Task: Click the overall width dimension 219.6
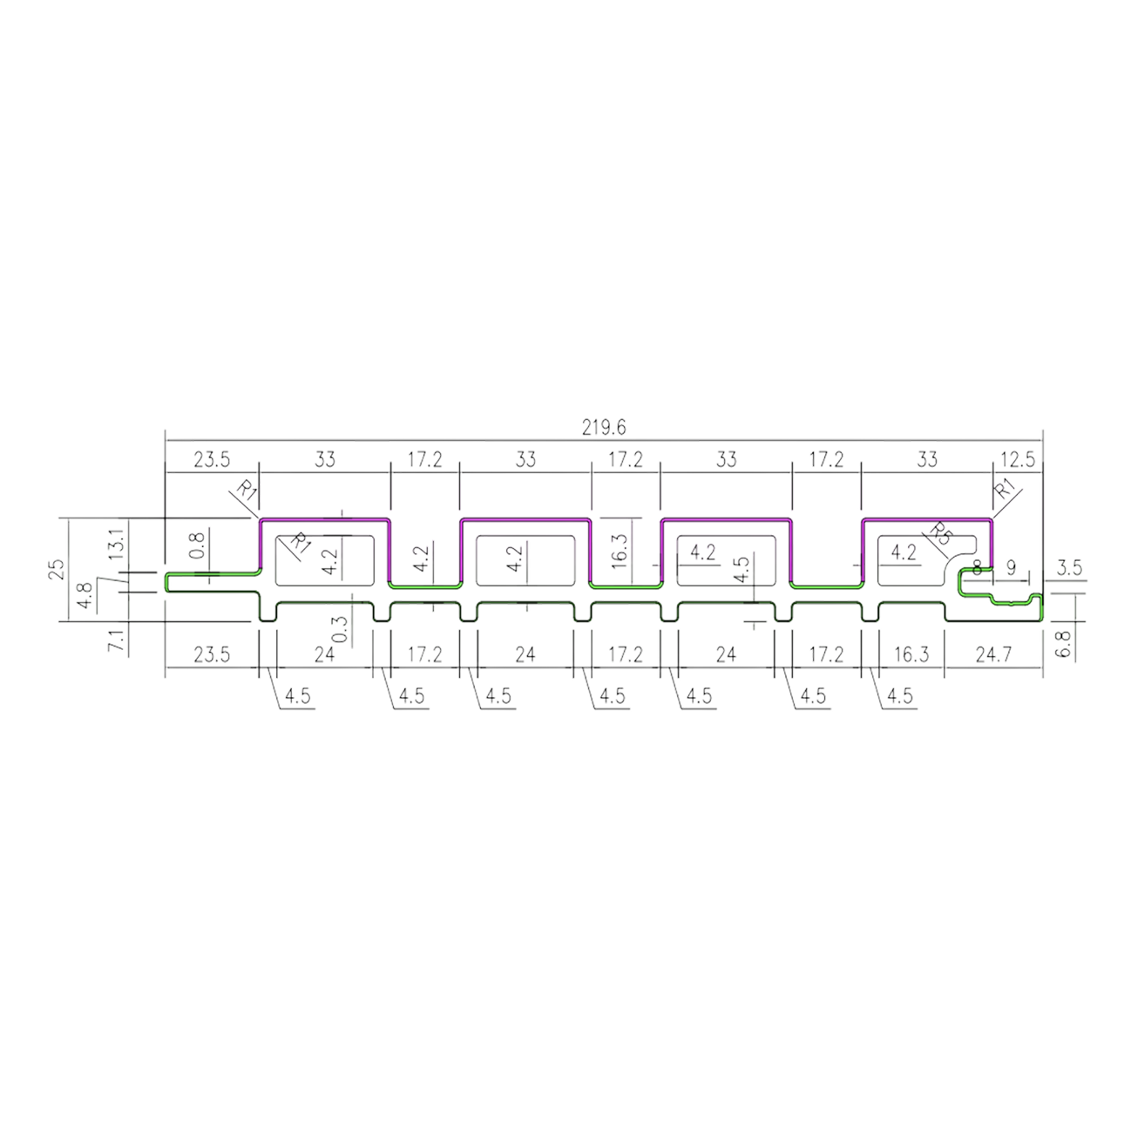coord(603,428)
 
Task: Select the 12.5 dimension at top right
coord(1018,459)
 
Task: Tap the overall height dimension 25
coord(58,569)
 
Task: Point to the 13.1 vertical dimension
coord(117,542)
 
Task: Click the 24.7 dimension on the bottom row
coord(993,654)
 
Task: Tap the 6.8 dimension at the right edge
coord(1066,644)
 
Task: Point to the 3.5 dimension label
coord(1069,568)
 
